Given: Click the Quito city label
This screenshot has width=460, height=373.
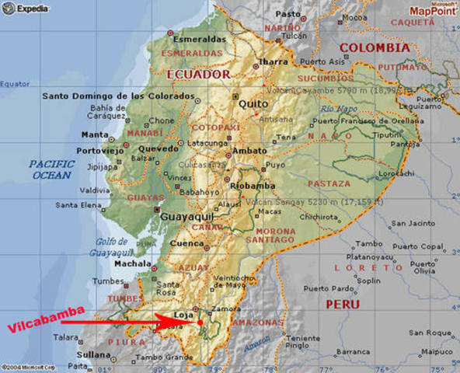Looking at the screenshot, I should pos(252,103).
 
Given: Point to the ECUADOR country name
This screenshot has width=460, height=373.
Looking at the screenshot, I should pos(198,75).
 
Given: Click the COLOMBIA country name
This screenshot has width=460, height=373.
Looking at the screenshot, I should pos(375,48).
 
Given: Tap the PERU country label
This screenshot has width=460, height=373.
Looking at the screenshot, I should pos(343,304).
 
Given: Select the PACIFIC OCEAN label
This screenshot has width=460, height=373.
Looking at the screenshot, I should pos(51,169).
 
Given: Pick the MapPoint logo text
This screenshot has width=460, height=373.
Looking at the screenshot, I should pos(430,12).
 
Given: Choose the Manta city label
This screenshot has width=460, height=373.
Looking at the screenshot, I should pos(95,134).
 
